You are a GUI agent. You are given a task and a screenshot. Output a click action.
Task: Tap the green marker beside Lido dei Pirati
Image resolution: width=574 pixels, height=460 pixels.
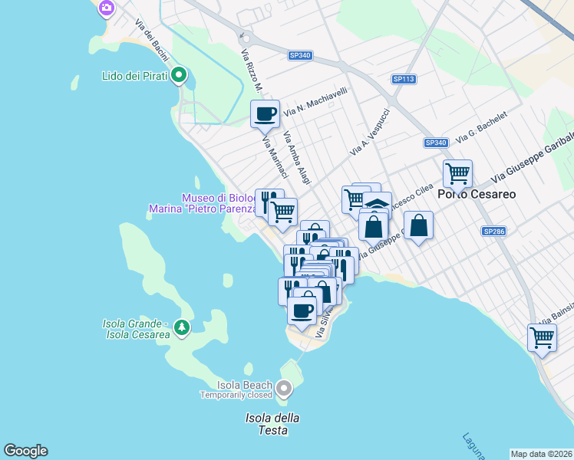pyautogui.click(x=179, y=75)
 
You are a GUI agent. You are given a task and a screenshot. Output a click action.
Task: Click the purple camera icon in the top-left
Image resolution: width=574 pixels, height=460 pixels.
pyautogui.click(x=107, y=8)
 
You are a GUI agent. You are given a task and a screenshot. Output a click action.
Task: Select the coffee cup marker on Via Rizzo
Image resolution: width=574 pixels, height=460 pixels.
pyautogui.click(x=266, y=114)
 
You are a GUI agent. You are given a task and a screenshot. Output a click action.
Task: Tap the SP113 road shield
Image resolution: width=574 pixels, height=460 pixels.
pyautogui.click(x=404, y=79)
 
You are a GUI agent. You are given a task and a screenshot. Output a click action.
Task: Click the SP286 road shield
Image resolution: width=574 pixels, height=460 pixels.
pyautogui.click(x=494, y=231)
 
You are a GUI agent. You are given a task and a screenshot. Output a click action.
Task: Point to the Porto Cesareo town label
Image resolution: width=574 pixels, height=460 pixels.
pyautogui.click(x=477, y=194)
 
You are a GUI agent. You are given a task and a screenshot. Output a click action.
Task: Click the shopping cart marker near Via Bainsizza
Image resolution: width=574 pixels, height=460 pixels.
pyautogui.click(x=542, y=337)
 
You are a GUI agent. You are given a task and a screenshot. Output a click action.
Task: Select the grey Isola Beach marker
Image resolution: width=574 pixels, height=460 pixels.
pyautogui.click(x=284, y=389)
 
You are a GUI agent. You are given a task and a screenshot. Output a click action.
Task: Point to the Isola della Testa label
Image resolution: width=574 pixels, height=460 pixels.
pyautogui.click(x=272, y=424)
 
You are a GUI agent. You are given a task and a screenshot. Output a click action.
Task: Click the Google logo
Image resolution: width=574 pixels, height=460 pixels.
pyautogui.click(x=25, y=451)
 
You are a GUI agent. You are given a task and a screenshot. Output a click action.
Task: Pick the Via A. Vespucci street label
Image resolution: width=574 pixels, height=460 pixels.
pyautogui.click(x=371, y=132)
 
